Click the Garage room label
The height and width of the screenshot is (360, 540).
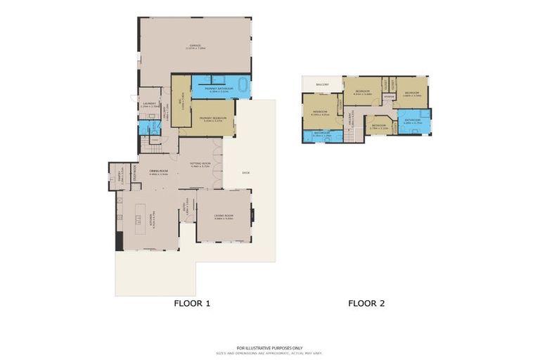tap(195, 48)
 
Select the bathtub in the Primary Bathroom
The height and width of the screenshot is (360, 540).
tap(243, 86)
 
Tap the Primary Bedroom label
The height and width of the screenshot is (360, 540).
tap(212, 119)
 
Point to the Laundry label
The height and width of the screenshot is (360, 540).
tap(148, 103)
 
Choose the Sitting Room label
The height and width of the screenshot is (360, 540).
tap(200, 164)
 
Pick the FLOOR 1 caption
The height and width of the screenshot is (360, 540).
tap(192, 304)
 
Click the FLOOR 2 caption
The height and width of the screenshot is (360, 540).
tap(366, 304)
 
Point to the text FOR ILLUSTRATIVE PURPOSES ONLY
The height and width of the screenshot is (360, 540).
tap(269, 347)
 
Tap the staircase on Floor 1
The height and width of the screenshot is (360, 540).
tap(148, 146)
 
